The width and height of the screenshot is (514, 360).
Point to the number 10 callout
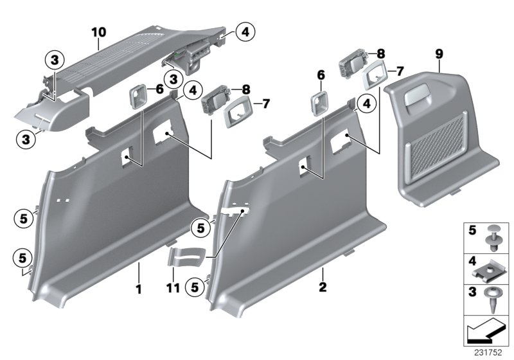pos(98,30)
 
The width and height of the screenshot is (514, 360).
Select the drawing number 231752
pos(490,352)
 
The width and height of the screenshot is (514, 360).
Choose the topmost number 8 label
pos(382,53)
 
